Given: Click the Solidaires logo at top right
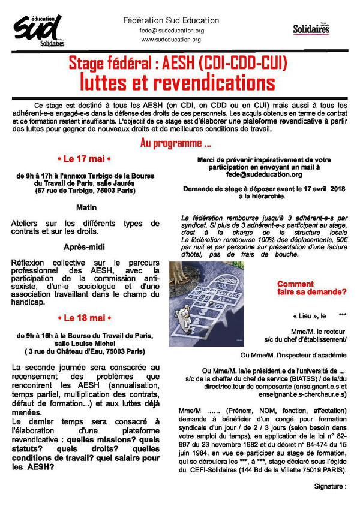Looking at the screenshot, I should point(311,29).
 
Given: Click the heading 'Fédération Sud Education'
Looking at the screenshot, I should point(171,20).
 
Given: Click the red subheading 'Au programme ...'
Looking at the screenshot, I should point(176,144).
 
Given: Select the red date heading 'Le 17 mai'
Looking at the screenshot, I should point(85,159).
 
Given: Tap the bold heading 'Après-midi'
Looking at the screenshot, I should point(85,247).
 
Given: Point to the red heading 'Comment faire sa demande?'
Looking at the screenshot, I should point(311,288).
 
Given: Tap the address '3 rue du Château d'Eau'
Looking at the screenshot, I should point(85,351).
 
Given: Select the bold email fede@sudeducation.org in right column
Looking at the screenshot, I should point(264,175).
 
